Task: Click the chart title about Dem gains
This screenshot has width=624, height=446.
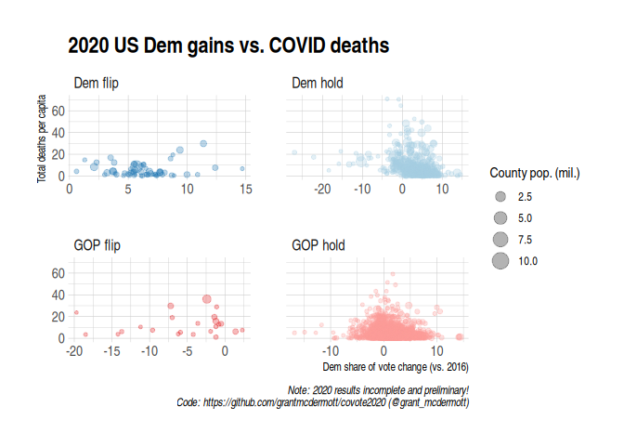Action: click(x=227, y=46)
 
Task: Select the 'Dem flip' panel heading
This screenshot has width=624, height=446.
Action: click(x=96, y=84)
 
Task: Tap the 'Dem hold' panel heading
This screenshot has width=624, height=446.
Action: click(x=318, y=84)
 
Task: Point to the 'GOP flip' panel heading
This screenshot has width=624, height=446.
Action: click(x=97, y=246)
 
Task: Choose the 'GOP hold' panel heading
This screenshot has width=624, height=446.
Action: click(x=318, y=246)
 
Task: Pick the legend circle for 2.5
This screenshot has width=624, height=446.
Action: click(x=500, y=197)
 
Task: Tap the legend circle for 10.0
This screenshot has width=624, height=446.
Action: click(x=500, y=261)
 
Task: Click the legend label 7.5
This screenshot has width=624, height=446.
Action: click(x=526, y=240)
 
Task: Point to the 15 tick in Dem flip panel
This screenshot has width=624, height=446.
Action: click(x=245, y=190)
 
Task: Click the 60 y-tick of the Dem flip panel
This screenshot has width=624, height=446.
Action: click(x=55, y=111)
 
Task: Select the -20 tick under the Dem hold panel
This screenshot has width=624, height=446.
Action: click(x=323, y=190)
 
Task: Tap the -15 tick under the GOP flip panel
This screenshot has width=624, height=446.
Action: click(x=111, y=352)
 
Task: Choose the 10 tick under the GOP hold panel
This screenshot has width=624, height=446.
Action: click(x=436, y=352)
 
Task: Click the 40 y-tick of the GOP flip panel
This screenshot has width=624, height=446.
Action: click(x=55, y=295)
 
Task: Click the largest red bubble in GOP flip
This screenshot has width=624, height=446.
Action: click(x=207, y=299)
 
